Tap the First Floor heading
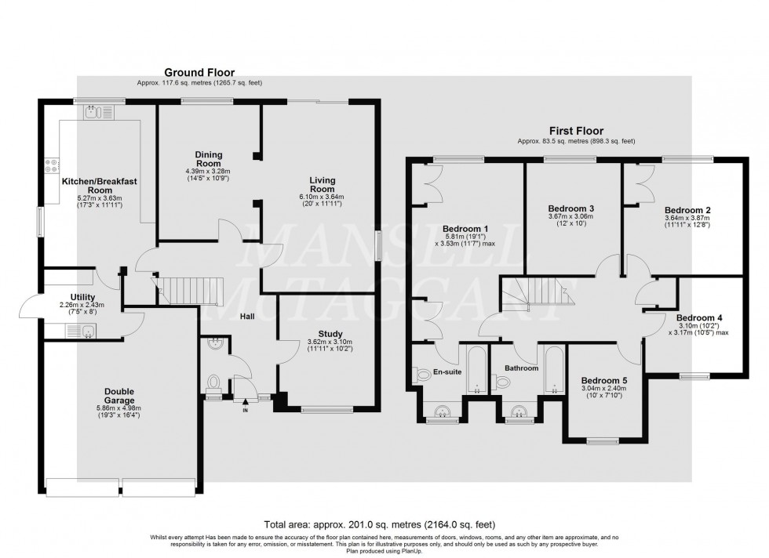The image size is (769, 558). (x=576, y=132)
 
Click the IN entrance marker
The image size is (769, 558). (x=246, y=409)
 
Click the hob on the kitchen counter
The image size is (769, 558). (x=53, y=165)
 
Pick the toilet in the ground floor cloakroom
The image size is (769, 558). (x=213, y=382)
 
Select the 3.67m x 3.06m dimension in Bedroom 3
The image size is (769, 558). (x=570, y=217)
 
